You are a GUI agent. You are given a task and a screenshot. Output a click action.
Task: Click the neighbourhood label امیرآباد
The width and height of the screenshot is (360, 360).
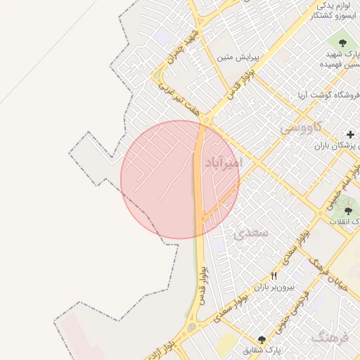pos(224,163)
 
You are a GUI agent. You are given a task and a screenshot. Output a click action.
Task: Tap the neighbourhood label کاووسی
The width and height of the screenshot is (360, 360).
pos(301,127)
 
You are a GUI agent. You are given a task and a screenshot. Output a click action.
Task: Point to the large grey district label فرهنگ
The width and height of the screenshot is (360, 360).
pos(331,338)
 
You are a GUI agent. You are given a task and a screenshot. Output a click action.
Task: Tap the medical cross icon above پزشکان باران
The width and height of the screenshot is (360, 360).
pos(350,134)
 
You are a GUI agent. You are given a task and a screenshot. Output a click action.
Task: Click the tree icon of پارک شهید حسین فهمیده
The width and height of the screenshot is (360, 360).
pos(350,37)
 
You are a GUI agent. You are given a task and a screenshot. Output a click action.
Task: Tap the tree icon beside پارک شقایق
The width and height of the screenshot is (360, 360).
pos(262,340)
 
